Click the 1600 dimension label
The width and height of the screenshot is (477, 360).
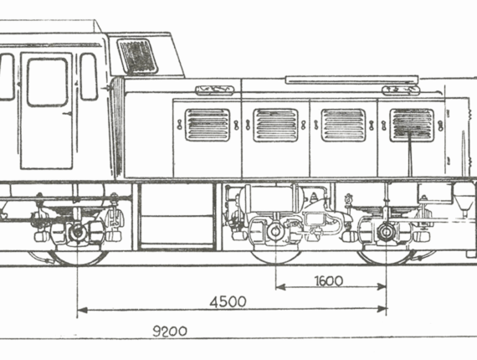(x=329, y=280)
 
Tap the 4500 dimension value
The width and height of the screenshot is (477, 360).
(x=228, y=302)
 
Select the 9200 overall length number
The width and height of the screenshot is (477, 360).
(x=169, y=331)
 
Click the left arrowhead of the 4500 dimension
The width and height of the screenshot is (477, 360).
(x=82, y=310)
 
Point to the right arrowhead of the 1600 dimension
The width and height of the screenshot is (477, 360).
(x=382, y=286)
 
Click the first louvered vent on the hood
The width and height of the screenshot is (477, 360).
(x=208, y=125)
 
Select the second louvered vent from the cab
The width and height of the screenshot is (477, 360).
(x=275, y=125)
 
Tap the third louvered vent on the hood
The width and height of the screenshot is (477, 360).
(x=343, y=125)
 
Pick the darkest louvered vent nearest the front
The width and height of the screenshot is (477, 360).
(x=412, y=125)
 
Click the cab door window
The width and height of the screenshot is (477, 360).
(x=47, y=82)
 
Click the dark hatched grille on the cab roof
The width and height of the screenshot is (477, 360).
(x=137, y=56)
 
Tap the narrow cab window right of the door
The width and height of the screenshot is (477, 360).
(x=89, y=77)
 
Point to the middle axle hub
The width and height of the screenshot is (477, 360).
(x=275, y=232)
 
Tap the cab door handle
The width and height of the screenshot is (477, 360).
(x=68, y=114)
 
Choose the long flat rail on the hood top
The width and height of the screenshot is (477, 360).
(x=351, y=80)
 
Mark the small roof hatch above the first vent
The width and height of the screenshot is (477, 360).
(x=215, y=90)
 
